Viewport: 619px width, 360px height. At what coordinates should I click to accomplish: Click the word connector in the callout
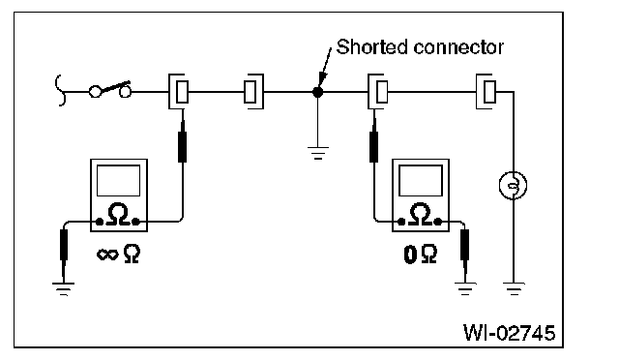pyautogui.click(x=458, y=47)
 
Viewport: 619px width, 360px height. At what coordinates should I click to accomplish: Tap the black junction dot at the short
pyautogui.click(x=318, y=92)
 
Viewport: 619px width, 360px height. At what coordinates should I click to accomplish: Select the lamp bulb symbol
pyautogui.click(x=513, y=185)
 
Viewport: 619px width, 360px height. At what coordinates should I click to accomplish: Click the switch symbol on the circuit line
pyautogui.click(x=110, y=90)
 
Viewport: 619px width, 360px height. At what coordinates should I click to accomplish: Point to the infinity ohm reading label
pyautogui.click(x=118, y=254)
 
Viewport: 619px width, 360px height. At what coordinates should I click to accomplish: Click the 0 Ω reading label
pyautogui.click(x=421, y=255)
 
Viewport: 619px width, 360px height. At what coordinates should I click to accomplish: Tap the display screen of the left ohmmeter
pyautogui.click(x=118, y=181)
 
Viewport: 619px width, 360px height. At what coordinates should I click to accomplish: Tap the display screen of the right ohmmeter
pyautogui.click(x=421, y=181)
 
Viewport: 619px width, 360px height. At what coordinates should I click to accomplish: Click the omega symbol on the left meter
pyautogui.click(x=118, y=214)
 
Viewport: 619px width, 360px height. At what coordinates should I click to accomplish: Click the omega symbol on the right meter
pyautogui.click(x=420, y=214)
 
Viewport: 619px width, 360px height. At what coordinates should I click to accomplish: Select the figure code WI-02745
pyautogui.click(x=509, y=333)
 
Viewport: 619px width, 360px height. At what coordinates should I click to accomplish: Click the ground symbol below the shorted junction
pyautogui.click(x=318, y=153)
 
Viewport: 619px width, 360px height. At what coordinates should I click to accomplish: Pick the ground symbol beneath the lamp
pyautogui.click(x=514, y=289)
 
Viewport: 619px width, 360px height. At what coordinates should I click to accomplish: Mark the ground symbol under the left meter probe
pyautogui.click(x=63, y=289)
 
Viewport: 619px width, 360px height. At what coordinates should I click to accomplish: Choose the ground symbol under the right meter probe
pyautogui.click(x=465, y=289)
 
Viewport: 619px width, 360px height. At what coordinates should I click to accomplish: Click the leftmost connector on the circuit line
pyautogui.click(x=179, y=91)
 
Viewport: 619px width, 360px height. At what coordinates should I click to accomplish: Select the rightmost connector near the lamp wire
pyautogui.click(x=486, y=91)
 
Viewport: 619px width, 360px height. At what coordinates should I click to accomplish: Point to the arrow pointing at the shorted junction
pyautogui.click(x=326, y=66)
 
